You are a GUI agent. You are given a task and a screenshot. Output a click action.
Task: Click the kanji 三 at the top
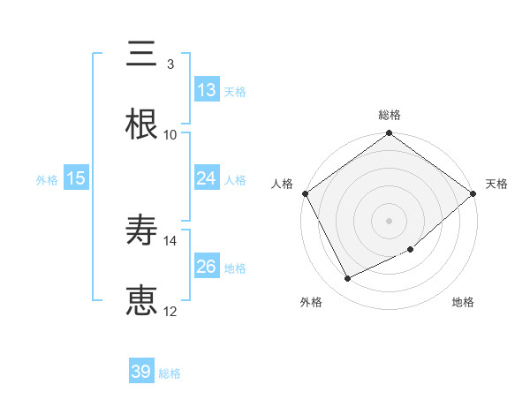141,54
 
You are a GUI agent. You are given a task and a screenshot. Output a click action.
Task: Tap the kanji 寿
141,231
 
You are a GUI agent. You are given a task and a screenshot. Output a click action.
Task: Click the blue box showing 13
207,90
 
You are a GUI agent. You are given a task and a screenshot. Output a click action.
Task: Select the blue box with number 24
207,178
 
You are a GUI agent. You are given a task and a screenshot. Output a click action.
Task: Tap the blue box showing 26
207,267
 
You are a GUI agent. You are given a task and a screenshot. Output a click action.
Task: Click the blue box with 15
76,178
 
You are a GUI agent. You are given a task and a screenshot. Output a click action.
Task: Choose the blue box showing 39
141,372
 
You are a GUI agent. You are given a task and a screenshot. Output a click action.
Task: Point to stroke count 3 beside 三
170,64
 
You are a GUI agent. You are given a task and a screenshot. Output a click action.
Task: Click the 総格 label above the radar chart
390,115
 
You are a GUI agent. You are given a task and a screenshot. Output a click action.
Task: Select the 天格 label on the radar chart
496,184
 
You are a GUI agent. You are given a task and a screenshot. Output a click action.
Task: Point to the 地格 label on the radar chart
463,302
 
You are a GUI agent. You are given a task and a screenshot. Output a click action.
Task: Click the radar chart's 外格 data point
348,279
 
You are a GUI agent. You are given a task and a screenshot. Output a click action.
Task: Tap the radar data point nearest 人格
305,193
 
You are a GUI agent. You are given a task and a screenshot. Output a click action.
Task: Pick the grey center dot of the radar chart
390,220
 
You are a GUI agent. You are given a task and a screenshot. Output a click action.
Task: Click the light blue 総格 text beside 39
170,373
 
